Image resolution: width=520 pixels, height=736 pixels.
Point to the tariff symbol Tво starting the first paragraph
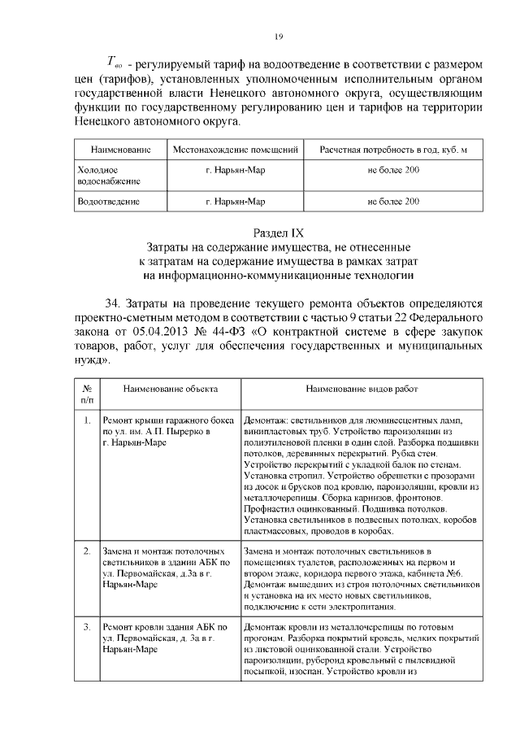click(x=114, y=63)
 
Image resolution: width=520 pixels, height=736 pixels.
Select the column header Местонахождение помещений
click(x=236, y=151)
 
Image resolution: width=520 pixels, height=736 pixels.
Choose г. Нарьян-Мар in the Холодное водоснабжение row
click(x=236, y=170)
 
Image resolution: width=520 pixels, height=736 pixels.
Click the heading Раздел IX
click(x=278, y=232)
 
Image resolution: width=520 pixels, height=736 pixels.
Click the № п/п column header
click(x=88, y=394)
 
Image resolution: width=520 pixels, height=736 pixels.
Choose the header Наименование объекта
click(x=166, y=390)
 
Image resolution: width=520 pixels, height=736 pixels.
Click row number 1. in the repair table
click(x=88, y=420)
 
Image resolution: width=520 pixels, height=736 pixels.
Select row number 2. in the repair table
click(x=88, y=551)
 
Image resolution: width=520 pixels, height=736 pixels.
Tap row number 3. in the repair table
click(x=88, y=627)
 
